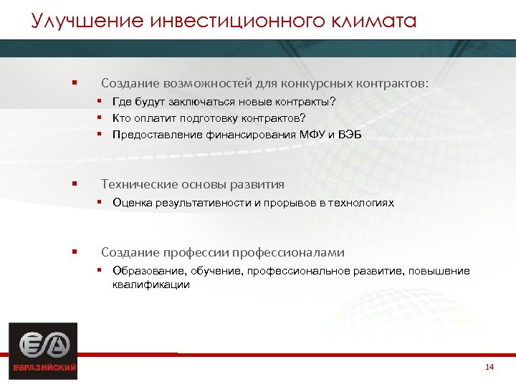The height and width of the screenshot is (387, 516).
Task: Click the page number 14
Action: coord(489,368)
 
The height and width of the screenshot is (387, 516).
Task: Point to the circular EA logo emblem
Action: coord(42,344)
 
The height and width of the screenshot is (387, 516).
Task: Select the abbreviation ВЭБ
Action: coord(349,134)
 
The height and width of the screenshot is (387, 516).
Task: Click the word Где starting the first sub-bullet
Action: coord(122,102)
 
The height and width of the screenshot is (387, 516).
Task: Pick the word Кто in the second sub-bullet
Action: coord(122,118)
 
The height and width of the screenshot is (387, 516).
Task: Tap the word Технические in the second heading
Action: coord(139,184)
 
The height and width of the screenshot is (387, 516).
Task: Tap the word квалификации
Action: coord(150,285)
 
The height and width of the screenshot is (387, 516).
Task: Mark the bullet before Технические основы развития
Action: coord(75,184)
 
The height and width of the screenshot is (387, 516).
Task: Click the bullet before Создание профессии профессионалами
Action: coord(75,252)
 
